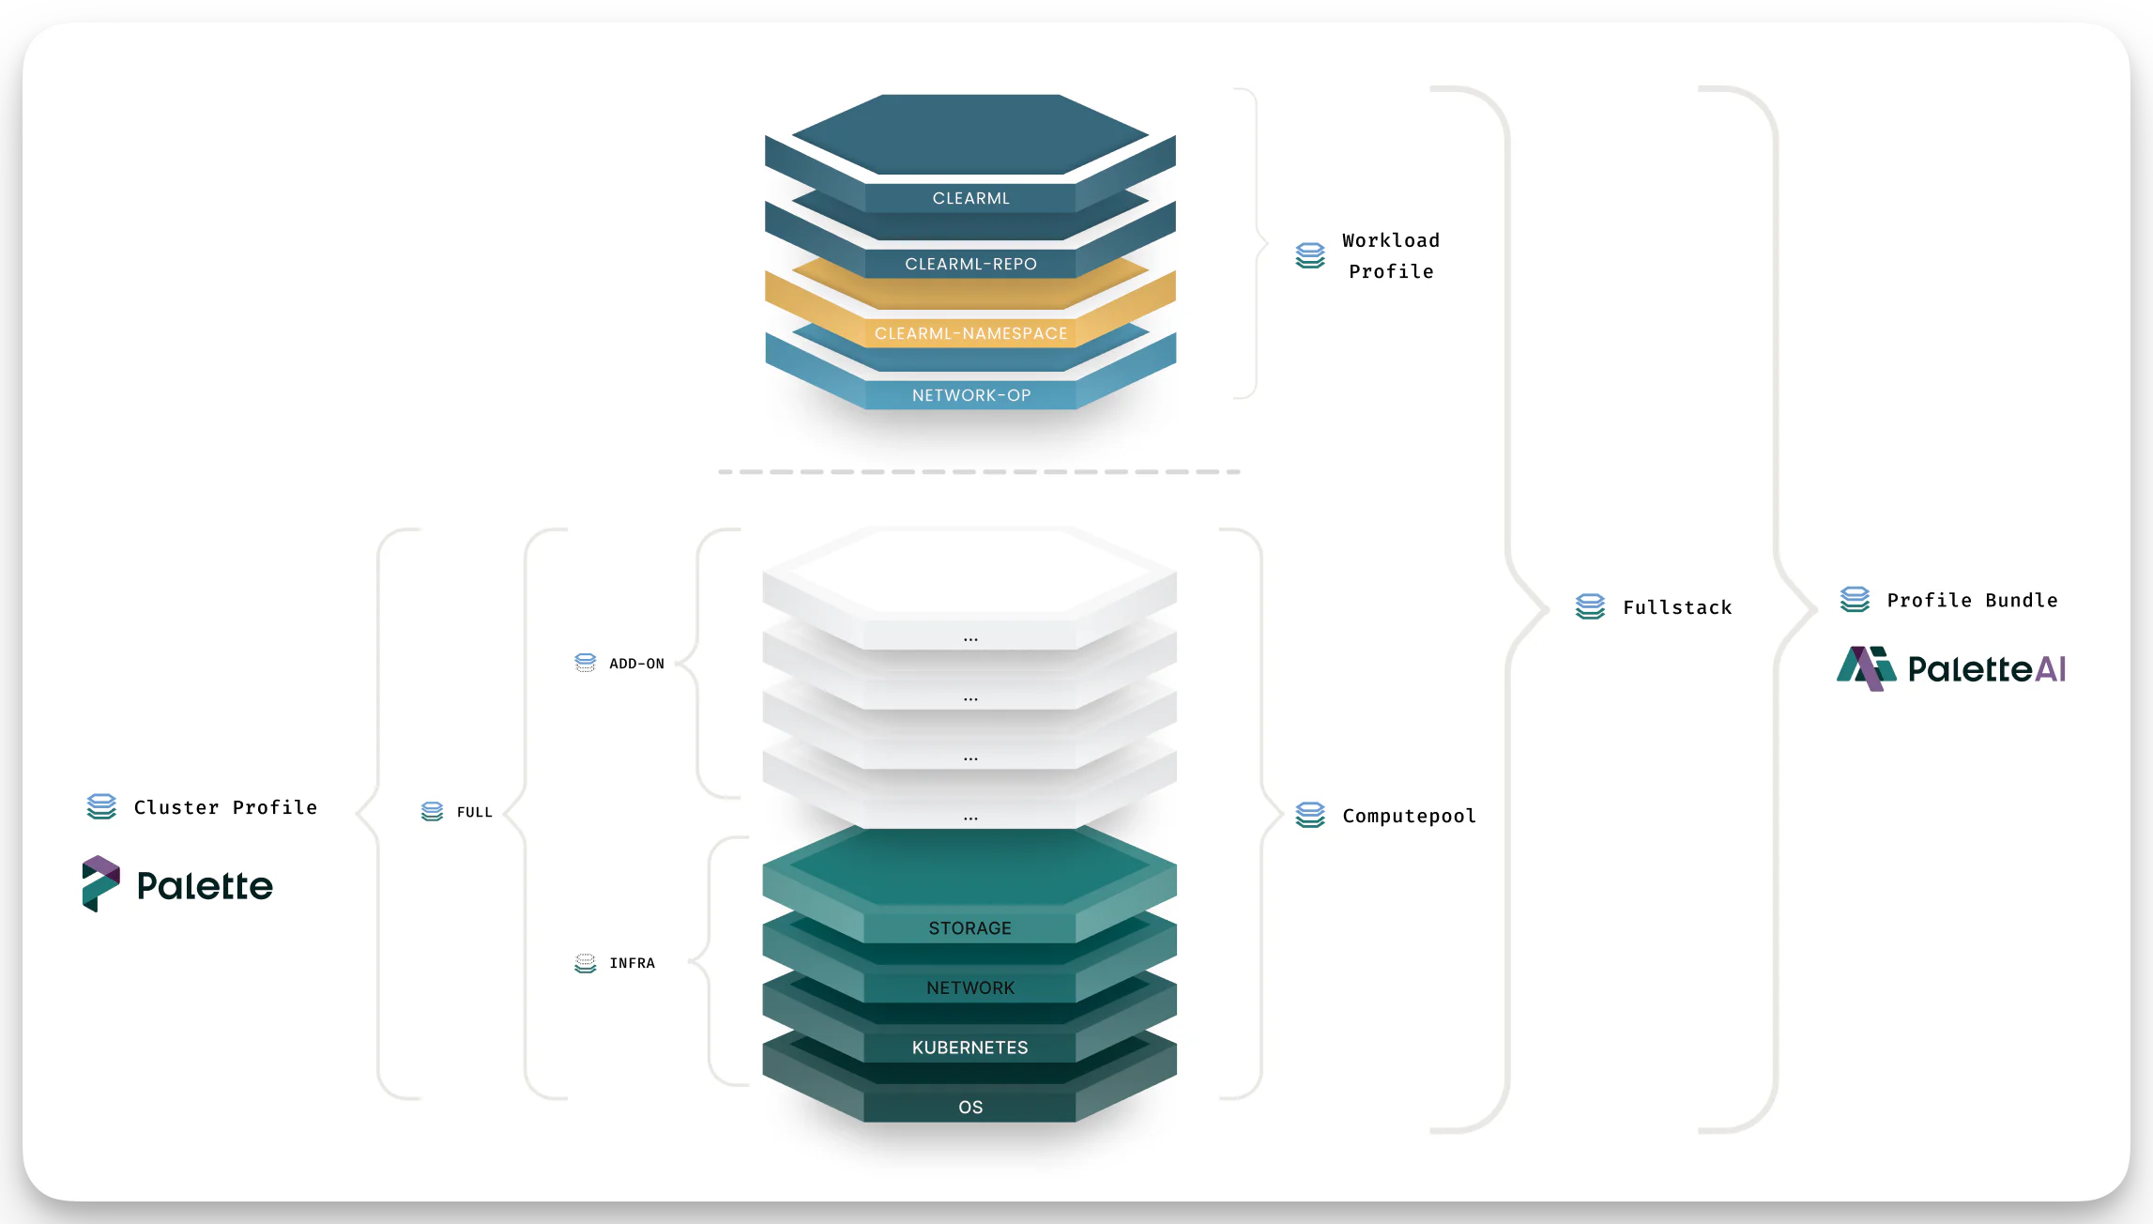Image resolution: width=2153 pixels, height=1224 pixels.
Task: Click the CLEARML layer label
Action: point(970,198)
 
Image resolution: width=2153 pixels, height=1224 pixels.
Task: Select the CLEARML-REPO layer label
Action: point(970,264)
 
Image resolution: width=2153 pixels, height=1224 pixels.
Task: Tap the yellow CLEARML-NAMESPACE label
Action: point(970,333)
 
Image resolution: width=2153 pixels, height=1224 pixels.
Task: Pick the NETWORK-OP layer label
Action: point(970,395)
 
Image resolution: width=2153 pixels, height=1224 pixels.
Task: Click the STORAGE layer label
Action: point(970,927)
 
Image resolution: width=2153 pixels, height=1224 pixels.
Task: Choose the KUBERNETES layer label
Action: point(970,1047)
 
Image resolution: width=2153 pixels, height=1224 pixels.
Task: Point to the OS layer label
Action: point(970,1107)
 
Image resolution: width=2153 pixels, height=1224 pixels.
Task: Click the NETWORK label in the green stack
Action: point(970,987)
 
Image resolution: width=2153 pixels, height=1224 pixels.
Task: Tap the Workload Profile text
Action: point(1390,255)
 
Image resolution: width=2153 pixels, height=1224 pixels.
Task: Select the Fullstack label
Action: point(1677,607)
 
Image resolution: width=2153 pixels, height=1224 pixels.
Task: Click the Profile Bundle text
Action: point(1972,600)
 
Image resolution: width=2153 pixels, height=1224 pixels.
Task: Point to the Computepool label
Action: point(1409,816)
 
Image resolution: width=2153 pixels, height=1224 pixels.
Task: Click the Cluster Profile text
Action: point(225,807)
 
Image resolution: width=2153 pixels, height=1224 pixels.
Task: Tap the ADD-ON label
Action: point(636,664)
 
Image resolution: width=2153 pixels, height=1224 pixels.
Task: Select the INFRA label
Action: point(632,963)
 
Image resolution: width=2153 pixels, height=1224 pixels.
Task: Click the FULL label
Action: point(474,812)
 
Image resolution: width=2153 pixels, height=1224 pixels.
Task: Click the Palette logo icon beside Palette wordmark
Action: point(100,883)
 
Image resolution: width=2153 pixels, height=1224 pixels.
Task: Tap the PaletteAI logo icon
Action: point(1866,668)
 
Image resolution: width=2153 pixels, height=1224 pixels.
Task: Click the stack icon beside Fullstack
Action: point(1590,606)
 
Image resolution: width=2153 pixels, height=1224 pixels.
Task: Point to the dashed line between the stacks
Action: point(979,471)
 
